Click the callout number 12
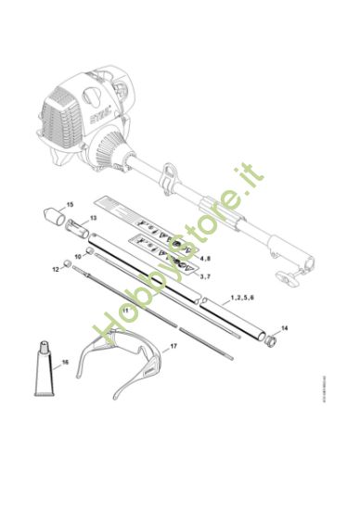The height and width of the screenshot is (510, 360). coord(55,269)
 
